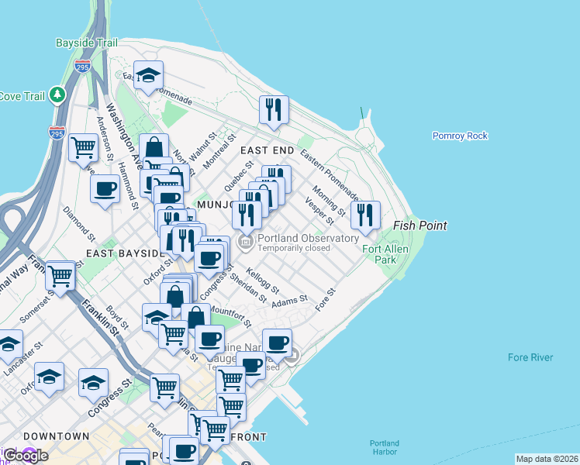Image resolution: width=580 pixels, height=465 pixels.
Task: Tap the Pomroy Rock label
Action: [x=460, y=136]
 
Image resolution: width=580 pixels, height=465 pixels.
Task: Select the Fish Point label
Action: [x=420, y=226]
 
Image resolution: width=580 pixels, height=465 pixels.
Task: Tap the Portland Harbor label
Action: [x=384, y=448]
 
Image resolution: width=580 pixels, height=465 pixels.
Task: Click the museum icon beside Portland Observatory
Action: [x=247, y=243]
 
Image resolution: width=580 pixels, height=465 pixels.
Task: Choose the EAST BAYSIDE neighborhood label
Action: [x=116, y=253]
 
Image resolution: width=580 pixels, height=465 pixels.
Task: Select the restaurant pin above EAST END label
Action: [x=273, y=111]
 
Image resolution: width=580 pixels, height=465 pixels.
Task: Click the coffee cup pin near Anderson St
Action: [x=105, y=188]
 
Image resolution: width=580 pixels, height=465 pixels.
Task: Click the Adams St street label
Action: [x=289, y=298]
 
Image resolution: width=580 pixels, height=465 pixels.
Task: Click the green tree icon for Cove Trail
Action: [x=57, y=95]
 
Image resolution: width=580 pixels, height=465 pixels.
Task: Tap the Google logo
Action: [x=25, y=456]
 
